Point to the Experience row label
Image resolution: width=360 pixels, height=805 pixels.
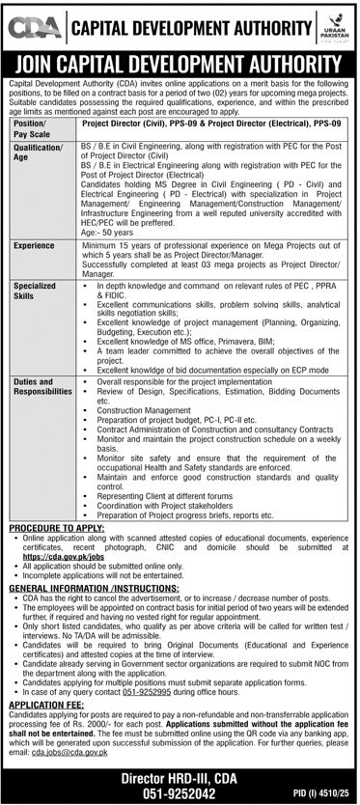click(34, 246)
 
